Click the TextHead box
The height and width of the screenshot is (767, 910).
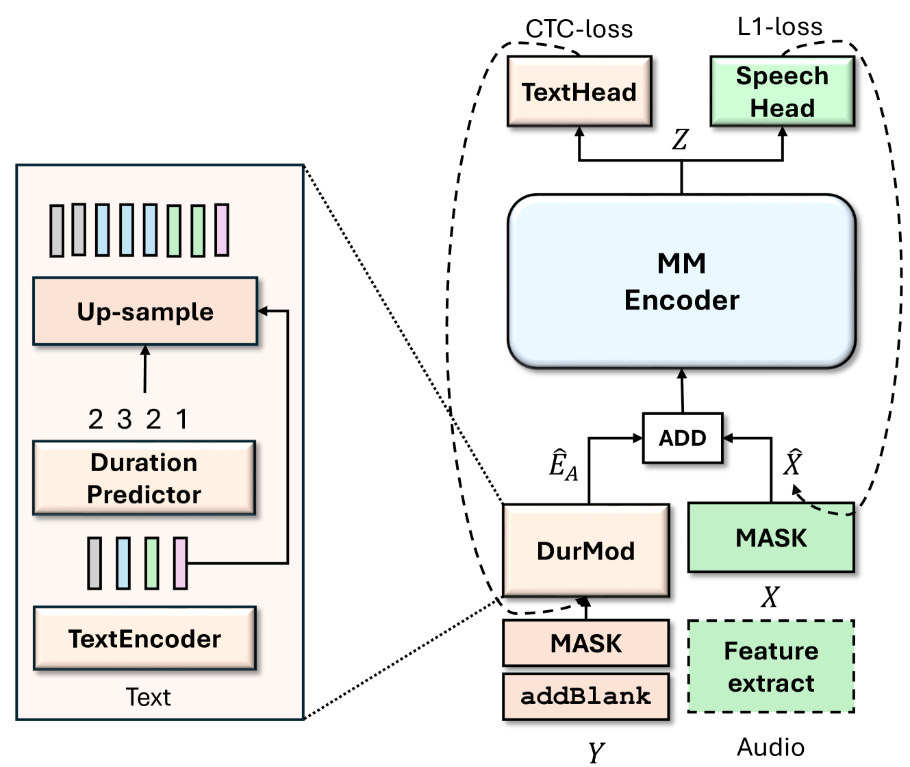579,92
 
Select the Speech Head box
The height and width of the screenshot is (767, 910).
782,92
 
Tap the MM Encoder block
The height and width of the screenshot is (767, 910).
681,281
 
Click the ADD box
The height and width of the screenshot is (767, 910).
682,438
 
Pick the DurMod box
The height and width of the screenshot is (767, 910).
585,551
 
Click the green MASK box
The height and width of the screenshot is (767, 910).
771,538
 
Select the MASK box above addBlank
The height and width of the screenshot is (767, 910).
585,643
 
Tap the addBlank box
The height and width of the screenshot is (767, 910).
585,696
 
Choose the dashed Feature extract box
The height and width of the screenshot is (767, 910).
771,666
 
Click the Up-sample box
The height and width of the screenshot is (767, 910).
145,312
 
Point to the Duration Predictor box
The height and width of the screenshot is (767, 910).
144,478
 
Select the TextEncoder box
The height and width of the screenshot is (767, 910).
144,638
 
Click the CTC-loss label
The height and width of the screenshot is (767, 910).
579,29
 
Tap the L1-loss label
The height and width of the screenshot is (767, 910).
780,27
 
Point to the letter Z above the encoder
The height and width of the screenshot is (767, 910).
680,140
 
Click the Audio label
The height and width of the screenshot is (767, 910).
770,747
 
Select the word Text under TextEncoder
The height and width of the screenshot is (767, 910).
148,697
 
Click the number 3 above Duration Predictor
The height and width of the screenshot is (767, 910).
124,419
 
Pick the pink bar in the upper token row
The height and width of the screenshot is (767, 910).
221,230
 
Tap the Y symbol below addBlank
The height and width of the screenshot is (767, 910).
596,752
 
